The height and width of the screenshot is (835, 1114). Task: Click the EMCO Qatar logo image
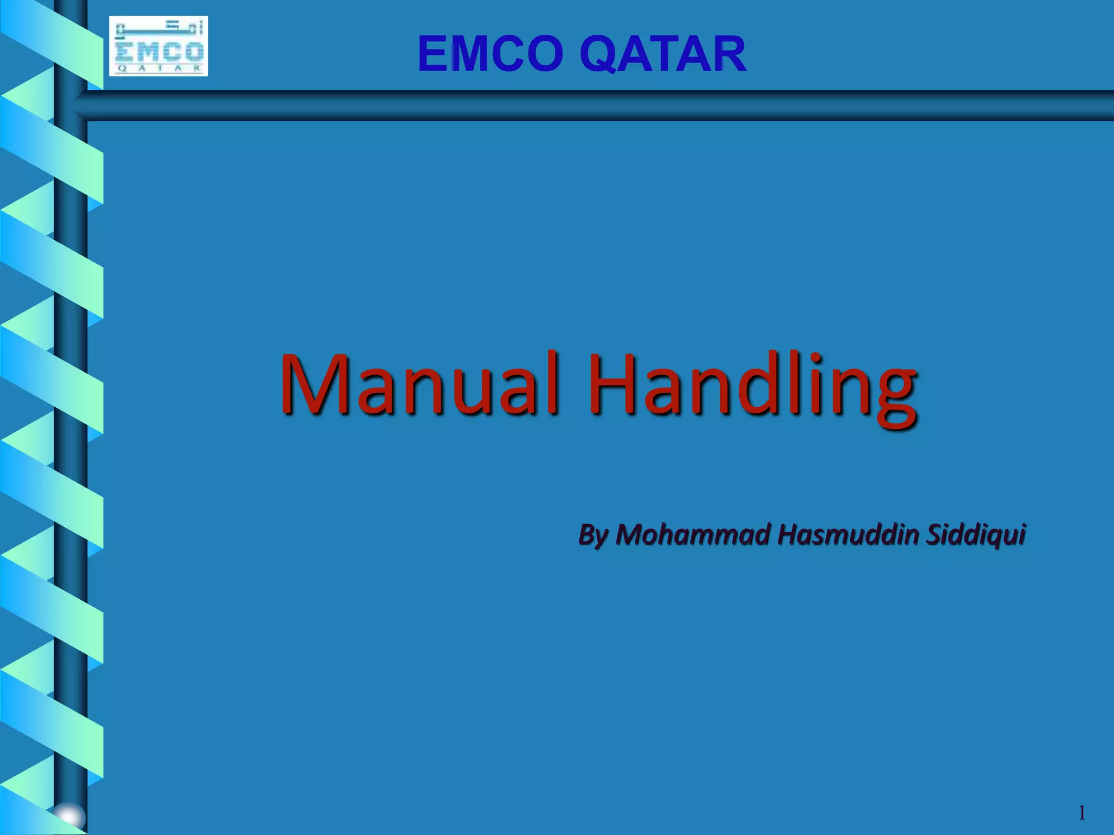(x=158, y=46)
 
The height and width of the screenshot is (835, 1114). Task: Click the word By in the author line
(x=593, y=535)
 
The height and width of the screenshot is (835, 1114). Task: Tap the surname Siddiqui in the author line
(x=976, y=535)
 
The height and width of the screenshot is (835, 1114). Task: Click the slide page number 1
(x=1082, y=813)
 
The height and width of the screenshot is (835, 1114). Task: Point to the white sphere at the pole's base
(x=70, y=817)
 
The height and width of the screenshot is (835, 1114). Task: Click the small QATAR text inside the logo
(x=159, y=68)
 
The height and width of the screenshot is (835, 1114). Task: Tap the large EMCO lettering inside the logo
(x=159, y=52)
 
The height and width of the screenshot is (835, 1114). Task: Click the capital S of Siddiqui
(x=935, y=534)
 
